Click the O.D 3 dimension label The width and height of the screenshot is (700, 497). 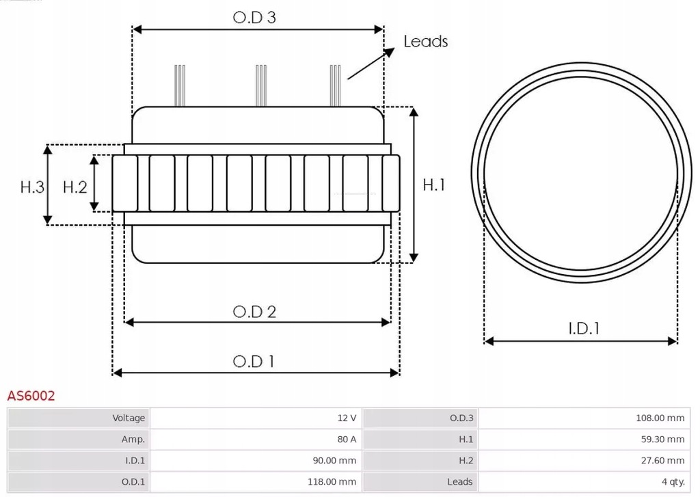click(254, 18)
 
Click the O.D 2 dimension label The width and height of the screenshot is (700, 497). click(254, 312)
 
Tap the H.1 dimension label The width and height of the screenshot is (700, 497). click(434, 185)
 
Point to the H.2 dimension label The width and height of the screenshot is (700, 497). click(75, 186)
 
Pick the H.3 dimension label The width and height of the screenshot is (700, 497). click(31, 186)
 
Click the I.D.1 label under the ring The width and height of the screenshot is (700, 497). click(583, 328)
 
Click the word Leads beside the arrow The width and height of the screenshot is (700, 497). click(425, 42)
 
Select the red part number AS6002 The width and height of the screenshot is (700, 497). click(31, 396)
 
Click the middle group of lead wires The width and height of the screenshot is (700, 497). click(260, 85)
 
